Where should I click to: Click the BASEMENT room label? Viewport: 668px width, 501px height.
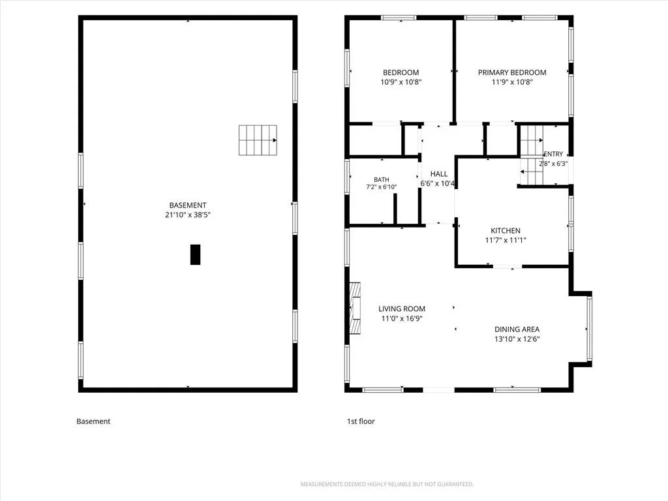[x=188, y=205]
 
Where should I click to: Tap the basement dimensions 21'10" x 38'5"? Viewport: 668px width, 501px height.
[x=188, y=215]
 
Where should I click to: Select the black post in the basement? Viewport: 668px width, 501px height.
[x=195, y=255]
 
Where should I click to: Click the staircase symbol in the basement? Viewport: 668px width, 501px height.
[x=258, y=140]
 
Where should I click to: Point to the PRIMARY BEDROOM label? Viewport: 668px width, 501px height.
[x=512, y=72]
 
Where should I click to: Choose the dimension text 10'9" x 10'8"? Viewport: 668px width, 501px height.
[x=401, y=82]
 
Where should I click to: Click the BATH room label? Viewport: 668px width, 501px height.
[x=381, y=180]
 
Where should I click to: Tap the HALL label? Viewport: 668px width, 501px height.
[x=439, y=174]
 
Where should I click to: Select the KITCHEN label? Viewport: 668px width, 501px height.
[x=506, y=230]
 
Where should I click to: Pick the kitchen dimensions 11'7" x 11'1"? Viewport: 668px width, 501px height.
[x=506, y=240]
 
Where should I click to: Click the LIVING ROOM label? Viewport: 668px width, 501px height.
[x=402, y=309]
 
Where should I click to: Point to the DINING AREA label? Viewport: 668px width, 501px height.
[x=517, y=329]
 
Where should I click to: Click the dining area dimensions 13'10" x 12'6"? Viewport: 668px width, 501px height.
[x=517, y=339]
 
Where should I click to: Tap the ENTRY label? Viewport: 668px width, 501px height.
[x=553, y=154]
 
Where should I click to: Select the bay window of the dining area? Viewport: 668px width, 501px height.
[x=589, y=329]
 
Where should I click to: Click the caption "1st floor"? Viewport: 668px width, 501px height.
[x=361, y=421]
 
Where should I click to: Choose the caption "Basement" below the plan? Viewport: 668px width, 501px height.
[x=93, y=421]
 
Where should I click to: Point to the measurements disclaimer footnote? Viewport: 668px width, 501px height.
[x=387, y=485]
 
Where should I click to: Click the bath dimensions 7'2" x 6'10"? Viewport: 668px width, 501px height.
[x=381, y=187]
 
